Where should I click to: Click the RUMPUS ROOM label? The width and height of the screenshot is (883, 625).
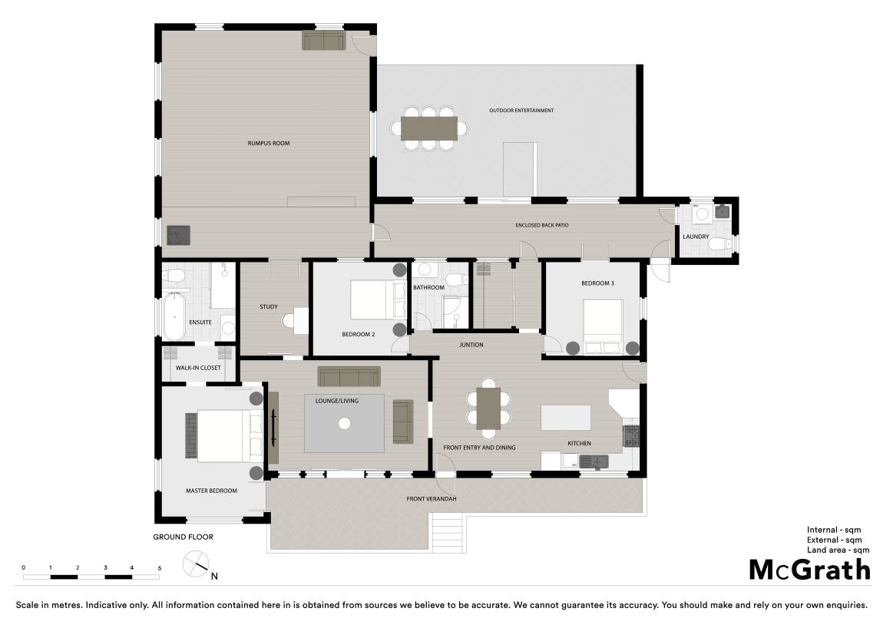coord(269,144)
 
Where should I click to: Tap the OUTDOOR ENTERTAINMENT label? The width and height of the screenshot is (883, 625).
coord(521,111)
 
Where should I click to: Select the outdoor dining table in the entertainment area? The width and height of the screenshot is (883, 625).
coord(429,128)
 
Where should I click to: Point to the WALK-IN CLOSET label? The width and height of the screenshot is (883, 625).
coord(198,369)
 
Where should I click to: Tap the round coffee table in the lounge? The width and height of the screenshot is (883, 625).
coord(345,423)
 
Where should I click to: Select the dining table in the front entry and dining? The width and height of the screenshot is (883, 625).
coord(488,408)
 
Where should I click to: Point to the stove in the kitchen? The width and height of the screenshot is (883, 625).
coord(631,436)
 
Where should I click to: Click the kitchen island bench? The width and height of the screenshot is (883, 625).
coord(566,417)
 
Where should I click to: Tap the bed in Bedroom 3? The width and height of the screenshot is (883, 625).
coord(603,326)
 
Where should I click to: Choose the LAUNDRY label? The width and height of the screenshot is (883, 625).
coord(696,236)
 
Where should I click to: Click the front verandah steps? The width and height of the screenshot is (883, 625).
coord(448,533)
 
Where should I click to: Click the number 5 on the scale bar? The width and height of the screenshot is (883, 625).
coord(160,568)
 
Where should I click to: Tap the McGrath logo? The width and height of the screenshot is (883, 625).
coord(810,570)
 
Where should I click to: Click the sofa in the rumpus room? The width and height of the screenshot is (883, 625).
coord(324,40)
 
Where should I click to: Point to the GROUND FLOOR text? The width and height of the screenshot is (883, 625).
coord(183,537)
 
